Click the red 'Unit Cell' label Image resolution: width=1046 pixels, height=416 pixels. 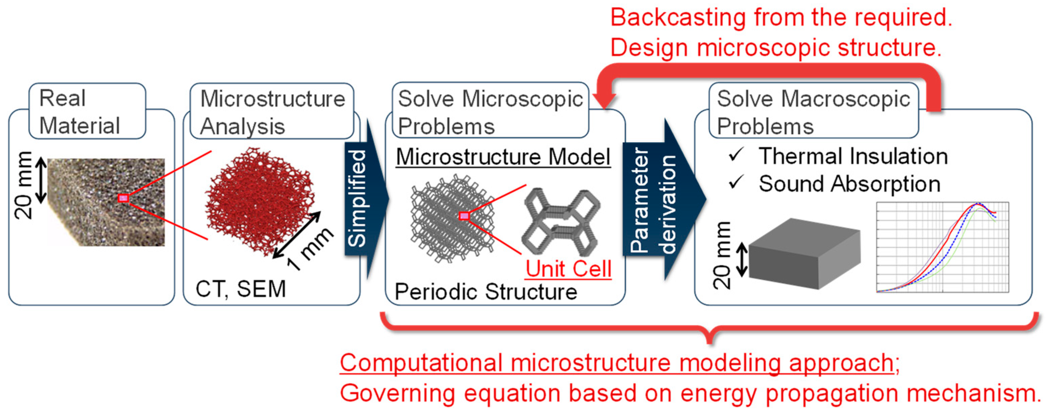pyautogui.click(x=569, y=269)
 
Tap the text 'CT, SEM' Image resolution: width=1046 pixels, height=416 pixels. pyautogui.click(x=240, y=289)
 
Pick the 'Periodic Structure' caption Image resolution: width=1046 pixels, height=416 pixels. pyautogui.click(x=486, y=292)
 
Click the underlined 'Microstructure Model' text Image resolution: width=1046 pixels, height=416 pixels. pyautogui.click(x=503, y=157)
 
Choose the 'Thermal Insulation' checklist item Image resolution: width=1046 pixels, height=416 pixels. pyautogui.click(x=853, y=156)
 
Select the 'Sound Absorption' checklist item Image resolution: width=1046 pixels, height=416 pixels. pyautogui.click(x=849, y=184)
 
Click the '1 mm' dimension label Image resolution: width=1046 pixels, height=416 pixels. pyautogui.click(x=311, y=249)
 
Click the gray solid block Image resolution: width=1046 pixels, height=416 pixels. pyautogui.click(x=804, y=254)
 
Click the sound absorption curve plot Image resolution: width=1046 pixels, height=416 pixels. pyautogui.click(x=942, y=247)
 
